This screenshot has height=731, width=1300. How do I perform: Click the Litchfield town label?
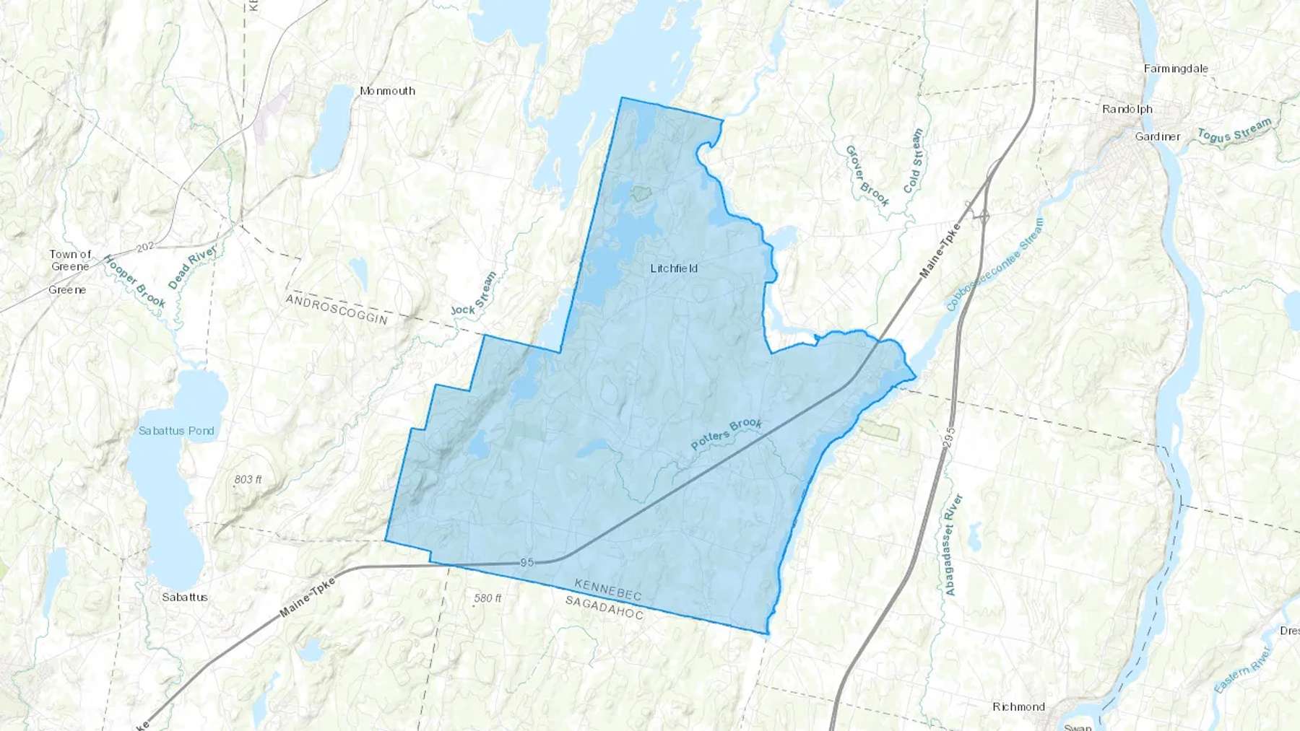point(674,268)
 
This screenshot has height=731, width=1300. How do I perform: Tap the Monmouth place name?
point(387,91)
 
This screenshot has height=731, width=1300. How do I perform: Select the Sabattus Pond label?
point(176,431)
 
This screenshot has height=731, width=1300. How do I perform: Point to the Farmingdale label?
point(1176,69)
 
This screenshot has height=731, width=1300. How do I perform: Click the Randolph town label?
point(1127,109)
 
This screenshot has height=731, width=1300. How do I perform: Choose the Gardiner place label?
point(1158,136)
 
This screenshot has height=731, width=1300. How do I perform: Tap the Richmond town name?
point(1018,706)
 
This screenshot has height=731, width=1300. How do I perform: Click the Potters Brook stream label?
point(726,434)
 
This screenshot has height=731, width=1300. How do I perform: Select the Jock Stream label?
point(474,294)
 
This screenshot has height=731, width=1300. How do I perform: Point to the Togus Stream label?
point(1234,131)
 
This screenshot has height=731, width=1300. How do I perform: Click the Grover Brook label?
point(867,175)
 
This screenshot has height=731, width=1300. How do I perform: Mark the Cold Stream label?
point(914,160)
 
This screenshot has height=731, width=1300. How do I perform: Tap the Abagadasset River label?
point(953,545)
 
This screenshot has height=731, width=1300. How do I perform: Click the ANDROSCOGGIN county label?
point(337,310)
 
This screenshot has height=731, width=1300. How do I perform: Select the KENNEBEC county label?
point(608,590)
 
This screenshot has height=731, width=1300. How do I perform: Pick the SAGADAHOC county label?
point(604,607)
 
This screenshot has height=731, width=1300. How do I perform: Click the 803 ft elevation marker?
point(248,479)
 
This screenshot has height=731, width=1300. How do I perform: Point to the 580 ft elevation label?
point(487,598)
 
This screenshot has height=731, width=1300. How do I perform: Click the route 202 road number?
point(145,247)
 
